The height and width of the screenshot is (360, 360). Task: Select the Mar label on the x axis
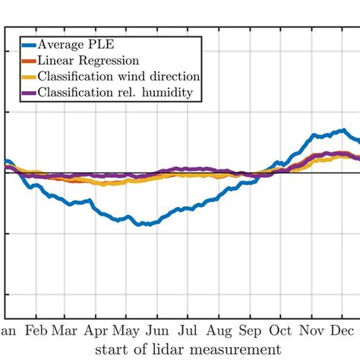click(x=64, y=332)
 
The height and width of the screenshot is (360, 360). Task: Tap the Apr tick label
click(x=96, y=332)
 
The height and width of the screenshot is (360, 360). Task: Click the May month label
click(x=125, y=332)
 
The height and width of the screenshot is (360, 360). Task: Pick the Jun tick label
click(x=157, y=332)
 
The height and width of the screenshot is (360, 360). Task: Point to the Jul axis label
click(x=188, y=332)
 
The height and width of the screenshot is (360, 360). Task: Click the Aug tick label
click(x=219, y=332)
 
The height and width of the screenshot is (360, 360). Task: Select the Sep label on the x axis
click(x=250, y=332)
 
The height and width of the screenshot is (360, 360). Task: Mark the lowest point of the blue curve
click(x=139, y=225)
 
